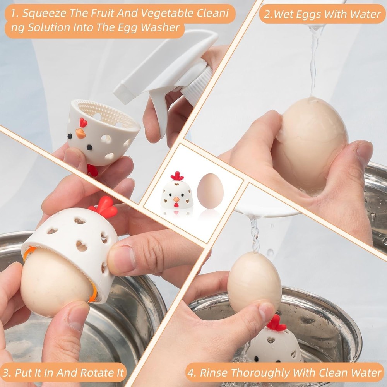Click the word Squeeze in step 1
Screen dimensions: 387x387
tap(44, 14)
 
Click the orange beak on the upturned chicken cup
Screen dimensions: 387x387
tap(80, 134)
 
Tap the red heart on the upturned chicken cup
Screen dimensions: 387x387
tap(83, 122)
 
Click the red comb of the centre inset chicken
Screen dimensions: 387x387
tap(177, 176)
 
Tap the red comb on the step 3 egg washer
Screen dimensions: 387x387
tap(104, 207)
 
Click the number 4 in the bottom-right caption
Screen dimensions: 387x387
tap(192, 373)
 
